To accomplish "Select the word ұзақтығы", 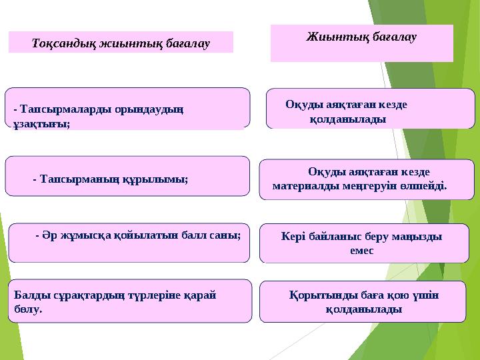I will coord(41,124).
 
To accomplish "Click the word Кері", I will coord(293,236).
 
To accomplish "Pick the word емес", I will coord(361,251).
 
